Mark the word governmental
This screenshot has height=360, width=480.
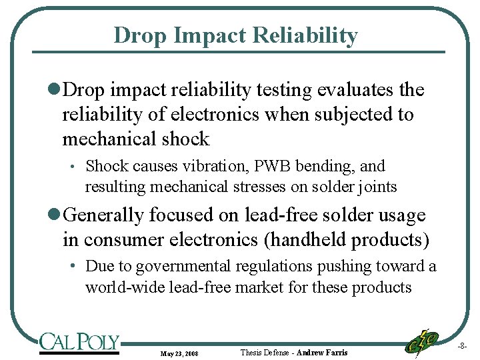[182, 267]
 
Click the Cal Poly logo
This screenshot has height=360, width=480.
[79, 343]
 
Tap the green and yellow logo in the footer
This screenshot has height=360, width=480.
[422, 341]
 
